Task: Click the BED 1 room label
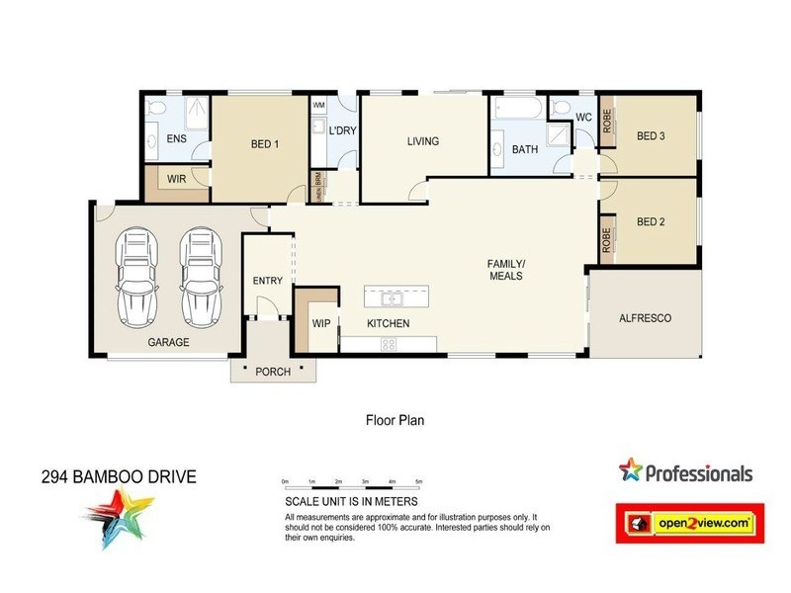265,144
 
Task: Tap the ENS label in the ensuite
177,139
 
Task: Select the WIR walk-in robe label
177,179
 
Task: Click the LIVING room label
422,141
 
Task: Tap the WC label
582,118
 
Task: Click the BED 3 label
650,136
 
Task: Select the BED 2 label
650,221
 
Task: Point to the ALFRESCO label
645,318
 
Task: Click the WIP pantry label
320,323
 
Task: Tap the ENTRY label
268,281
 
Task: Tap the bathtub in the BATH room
516,108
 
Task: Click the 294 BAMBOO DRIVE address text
119,477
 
